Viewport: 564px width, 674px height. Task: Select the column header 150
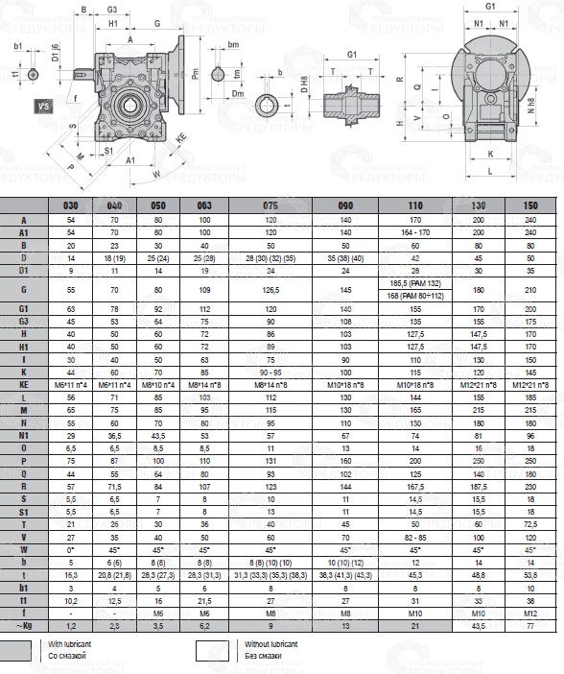530,205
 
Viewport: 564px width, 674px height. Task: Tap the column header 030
71,205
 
